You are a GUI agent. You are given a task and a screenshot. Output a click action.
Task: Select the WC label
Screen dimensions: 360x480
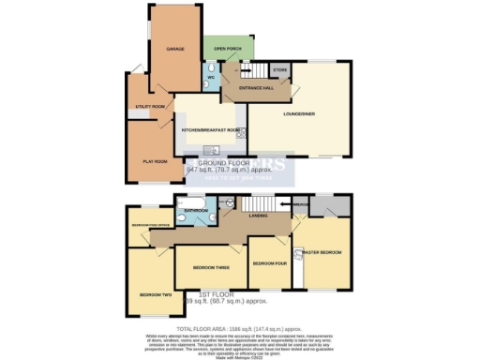tap(211, 77)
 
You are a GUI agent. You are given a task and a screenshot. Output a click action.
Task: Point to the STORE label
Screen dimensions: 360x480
tap(278, 69)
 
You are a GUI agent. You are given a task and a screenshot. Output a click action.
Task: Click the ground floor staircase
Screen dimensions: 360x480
tap(250, 70)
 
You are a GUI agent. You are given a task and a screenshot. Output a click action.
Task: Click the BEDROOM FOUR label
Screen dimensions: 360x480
tap(270, 262)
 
